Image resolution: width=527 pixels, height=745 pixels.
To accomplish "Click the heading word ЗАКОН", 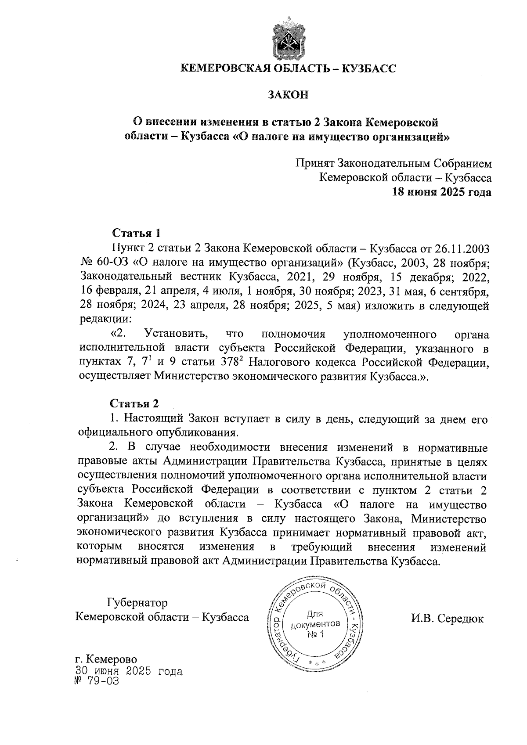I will tap(289, 94).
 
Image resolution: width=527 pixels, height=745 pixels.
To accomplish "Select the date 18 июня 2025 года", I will tap(441, 192).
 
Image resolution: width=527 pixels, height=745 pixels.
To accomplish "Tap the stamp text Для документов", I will tap(315, 619).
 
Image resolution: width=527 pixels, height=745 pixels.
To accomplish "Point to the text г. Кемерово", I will tap(106, 659).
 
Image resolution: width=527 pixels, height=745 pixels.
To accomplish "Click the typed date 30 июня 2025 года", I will tap(129, 671).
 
